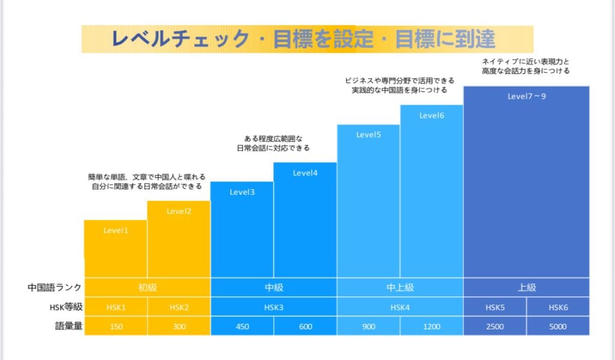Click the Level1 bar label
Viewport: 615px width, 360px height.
(116, 230)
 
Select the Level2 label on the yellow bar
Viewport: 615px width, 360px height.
(179, 211)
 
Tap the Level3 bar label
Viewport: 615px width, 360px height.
(242, 192)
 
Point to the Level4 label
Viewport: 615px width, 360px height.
(305, 173)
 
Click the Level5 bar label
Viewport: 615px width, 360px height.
(369, 135)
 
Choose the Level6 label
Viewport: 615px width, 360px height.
(431, 115)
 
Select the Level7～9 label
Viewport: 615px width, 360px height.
(527, 96)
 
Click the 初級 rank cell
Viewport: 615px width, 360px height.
(147, 287)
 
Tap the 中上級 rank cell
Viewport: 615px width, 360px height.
(399, 287)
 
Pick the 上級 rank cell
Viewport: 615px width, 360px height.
(527, 287)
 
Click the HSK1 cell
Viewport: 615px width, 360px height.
(116, 307)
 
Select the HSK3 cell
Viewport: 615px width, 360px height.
(273, 307)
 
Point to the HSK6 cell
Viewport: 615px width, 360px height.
(558, 307)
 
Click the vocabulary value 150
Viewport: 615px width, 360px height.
(116, 326)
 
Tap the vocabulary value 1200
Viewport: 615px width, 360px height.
(431, 326)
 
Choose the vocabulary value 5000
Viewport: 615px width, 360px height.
(558, 326)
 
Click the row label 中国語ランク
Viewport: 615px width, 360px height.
(54, 287)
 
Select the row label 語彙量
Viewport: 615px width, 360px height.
(67, 326)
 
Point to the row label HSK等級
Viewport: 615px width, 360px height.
(65, 307)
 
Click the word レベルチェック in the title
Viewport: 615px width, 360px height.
(180, 39)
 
